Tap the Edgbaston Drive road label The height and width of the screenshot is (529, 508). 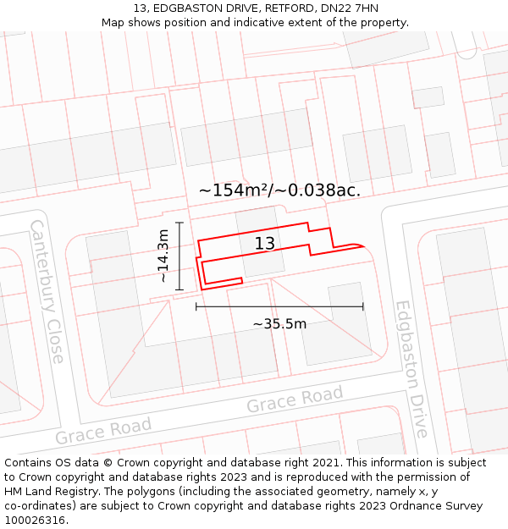(411, 369)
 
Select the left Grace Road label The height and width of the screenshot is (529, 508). (103, 431)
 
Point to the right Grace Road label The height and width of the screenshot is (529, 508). (295, 400)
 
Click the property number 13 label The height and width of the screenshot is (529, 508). (264, 244)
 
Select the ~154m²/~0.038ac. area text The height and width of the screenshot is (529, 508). (279, 190)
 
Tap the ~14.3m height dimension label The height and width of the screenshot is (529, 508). (163, 256)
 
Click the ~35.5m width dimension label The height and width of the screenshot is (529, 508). (279, 323)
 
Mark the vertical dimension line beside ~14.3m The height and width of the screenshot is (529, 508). (179, 256)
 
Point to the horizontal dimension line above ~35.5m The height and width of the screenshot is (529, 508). (279, 306)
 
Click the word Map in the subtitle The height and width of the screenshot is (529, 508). (113, 22)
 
